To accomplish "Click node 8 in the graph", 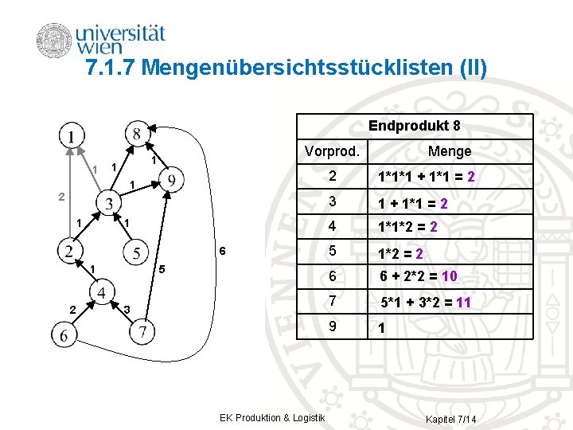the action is click(x=138, y=132).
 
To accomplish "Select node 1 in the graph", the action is click(x=72, y=137).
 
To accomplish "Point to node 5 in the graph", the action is click(x=138, y=253).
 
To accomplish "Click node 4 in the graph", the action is click(x=103, y=293).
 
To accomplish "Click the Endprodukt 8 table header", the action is click(x=414, y=126).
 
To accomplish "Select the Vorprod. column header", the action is click(x=332, y=150).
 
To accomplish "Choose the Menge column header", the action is click(x=449, y=150).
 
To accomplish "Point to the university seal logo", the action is click(x=53, y=41).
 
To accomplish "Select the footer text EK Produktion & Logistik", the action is click(x=272, y=418).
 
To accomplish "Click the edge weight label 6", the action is click(x=224, y=251).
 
